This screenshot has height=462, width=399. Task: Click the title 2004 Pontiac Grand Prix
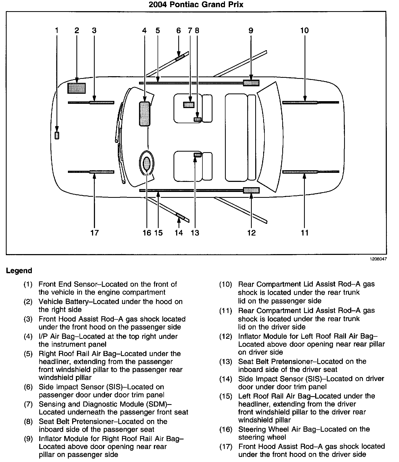(196, 5)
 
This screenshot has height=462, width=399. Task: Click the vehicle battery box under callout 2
(76, 88)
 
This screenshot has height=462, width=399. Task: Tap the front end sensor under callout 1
(57, 135)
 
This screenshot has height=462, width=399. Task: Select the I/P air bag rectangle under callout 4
(145, 114)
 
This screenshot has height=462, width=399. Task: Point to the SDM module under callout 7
(189, 105)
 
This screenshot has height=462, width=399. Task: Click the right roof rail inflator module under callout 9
(251, 83)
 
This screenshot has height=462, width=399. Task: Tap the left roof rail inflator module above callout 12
(251, 190)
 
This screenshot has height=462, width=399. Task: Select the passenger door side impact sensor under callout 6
(180, 58)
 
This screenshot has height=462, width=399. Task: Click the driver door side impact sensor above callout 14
(180, 216)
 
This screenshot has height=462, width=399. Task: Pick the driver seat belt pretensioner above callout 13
(198, 155)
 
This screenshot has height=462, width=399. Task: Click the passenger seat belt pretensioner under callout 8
(197, 119)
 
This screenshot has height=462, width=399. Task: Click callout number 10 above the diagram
(305, 31)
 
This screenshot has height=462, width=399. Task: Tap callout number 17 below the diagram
(94, 233)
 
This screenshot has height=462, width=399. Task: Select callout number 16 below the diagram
(147, 233)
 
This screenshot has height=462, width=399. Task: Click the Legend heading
(19, 271)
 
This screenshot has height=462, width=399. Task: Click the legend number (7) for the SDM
(28, 404)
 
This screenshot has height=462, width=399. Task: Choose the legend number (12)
(225, 337)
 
